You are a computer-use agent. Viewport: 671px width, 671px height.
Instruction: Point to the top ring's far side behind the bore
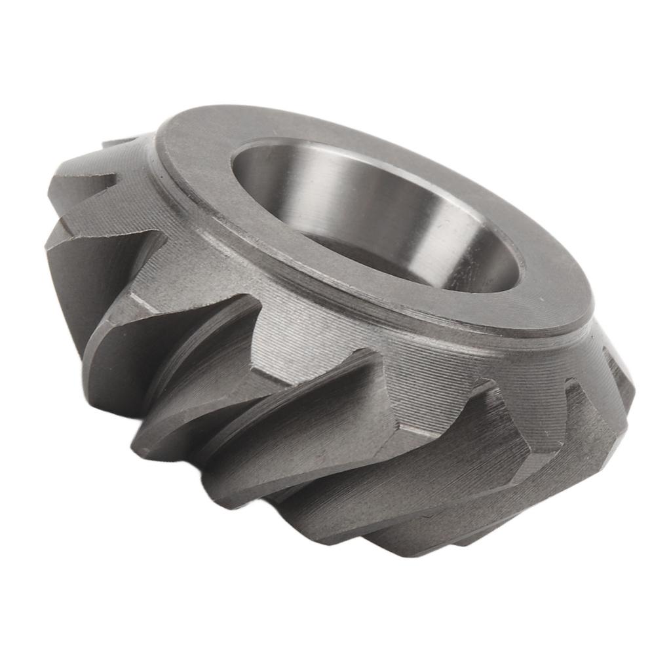tap(328, 125)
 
